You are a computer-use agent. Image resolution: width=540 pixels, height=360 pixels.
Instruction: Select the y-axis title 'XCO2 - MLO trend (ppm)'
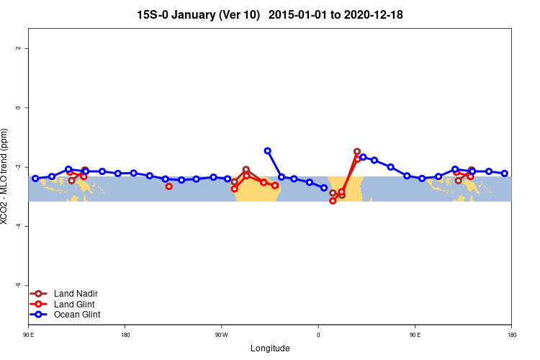(6, 176)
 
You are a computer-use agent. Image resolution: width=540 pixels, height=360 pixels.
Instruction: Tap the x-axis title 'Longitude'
(270, 348)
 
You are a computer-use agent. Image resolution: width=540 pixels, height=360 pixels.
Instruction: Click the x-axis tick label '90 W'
(221, 335)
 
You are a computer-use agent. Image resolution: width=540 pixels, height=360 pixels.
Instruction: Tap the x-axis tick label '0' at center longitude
(318, 335)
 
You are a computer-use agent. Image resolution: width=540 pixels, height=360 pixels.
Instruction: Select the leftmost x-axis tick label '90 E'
(28, 335)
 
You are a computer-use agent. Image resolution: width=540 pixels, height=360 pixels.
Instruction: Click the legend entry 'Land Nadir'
(76, 294)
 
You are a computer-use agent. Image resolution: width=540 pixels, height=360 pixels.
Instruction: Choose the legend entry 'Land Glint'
(76, 304)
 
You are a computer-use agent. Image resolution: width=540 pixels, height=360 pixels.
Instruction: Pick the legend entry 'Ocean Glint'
(77, 315)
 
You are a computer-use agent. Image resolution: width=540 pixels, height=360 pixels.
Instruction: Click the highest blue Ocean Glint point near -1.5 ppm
(268, 151)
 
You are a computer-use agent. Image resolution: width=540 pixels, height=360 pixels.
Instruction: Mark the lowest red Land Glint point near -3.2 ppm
(333, 201)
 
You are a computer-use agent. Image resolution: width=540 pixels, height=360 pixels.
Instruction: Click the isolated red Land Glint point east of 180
(168, 186)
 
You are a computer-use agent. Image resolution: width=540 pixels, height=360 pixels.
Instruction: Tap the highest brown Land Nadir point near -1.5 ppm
(357, 152)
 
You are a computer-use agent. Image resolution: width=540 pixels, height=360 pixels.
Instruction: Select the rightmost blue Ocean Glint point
(505, 174)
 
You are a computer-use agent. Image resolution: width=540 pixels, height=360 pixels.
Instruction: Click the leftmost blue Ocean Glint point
(35, 179)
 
